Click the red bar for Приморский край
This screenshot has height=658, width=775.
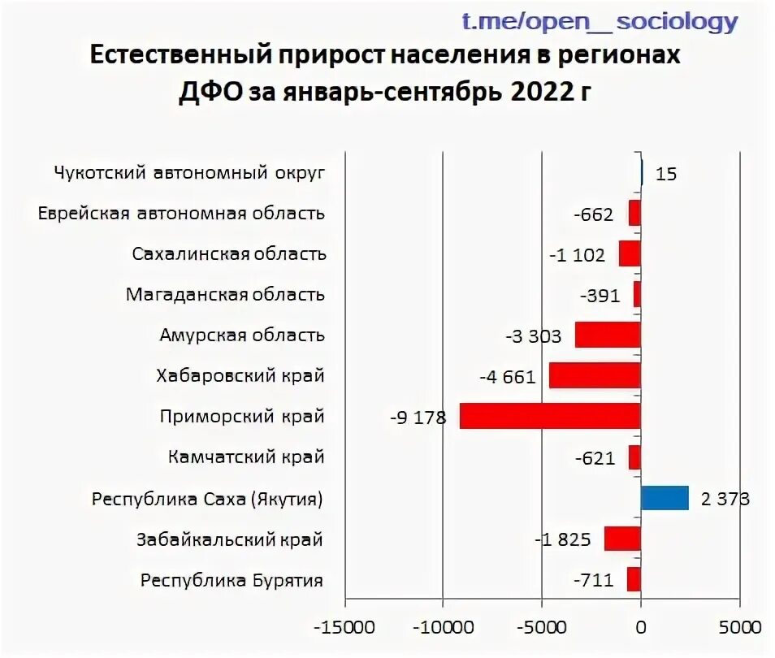click(550, 416)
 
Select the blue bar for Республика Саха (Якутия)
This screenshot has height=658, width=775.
click(665, 498)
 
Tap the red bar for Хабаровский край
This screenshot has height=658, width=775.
click(595, 375)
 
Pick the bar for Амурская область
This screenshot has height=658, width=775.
click(608, 335)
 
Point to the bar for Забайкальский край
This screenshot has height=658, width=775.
click(622, 539)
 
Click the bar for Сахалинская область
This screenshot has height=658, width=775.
click(630, 253)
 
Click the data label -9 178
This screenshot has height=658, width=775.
click(418, 418)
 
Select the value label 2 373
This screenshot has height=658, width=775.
click(725, 498)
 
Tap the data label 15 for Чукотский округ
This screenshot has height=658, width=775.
click(666, 173)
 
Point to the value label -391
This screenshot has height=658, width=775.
click(600, 295)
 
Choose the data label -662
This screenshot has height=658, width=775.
click(592, 214)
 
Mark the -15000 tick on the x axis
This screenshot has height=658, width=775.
click(344, 628)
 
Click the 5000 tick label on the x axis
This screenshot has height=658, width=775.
click(739, 628)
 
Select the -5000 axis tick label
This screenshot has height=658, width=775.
click(542, 628)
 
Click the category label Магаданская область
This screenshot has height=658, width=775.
click(225, 294)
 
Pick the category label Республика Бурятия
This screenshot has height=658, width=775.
click(232, 580)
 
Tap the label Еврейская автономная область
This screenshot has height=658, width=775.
click(181, 214)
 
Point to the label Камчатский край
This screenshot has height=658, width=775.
click(246, 457)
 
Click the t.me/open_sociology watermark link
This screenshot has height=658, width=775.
click(600, 21)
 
